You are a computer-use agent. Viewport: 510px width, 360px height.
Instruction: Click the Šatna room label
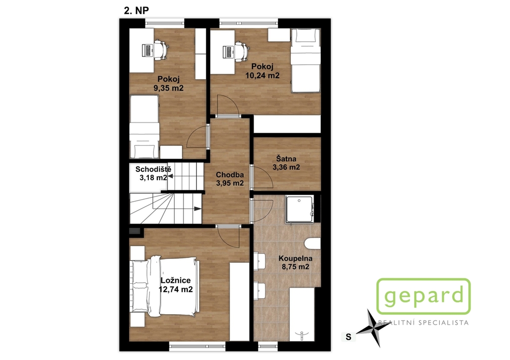click(x=286, y=159)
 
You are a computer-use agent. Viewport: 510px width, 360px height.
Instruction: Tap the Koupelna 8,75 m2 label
click(x=295, y=263)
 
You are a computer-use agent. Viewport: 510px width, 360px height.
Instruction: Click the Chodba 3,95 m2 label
click(x=230, y=179)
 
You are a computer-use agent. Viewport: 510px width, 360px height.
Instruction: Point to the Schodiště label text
click(x=153, y=169)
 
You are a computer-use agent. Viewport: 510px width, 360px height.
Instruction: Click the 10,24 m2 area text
click(x=262, y=76)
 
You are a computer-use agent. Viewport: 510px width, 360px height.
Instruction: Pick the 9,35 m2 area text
click(x=168, y=88)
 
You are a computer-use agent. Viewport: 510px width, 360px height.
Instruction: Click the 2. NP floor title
click(x=136, y=10)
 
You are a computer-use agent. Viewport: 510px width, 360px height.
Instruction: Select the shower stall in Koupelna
click(x=299, y=210)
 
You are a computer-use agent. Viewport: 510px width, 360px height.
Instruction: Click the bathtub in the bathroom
click(x=302, y=314)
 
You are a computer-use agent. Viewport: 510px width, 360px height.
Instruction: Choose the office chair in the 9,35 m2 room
click(x=161, y=50)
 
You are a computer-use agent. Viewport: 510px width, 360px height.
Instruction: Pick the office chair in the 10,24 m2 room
click(x=242, y=50)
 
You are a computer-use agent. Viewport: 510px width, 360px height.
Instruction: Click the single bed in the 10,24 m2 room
click(x=305, y=61)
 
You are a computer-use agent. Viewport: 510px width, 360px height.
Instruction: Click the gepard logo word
click(x=424, y=296)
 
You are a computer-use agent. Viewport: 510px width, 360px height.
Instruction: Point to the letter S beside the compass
click(x=349, y=337)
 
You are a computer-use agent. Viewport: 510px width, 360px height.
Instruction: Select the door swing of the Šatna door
click(x=262, y=177)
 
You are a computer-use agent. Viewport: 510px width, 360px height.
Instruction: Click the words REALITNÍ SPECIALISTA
click(x=423, y=323)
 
